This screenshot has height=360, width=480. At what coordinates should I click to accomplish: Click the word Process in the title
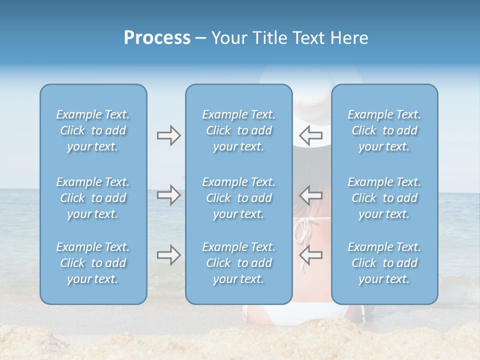(157, 38)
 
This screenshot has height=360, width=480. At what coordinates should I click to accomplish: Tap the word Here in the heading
(349, 38)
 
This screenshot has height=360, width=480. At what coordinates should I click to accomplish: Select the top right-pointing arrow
(168, 135)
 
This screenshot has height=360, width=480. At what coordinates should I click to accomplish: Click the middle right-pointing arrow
(168, 195)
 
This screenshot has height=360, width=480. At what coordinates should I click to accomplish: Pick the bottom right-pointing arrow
(168, 255)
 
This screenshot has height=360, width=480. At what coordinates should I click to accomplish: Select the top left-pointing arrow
(310, 135)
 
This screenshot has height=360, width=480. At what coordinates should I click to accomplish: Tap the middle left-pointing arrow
(310, 195)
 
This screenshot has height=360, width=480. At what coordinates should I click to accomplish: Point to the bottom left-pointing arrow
(310, 255)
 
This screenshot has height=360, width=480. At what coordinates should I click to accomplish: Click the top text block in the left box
(93, 130)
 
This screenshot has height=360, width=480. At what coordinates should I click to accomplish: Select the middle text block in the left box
(93, 198)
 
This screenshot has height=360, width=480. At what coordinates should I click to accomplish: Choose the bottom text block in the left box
(93, 263)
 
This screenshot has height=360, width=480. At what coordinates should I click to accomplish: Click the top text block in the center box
(238, 130)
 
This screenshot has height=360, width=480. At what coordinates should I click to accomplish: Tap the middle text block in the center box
(238, 198)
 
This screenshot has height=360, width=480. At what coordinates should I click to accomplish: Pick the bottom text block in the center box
(238, 263)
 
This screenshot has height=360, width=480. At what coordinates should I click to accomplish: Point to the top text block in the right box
(384, 130)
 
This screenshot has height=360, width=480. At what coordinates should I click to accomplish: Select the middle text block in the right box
(384, 198)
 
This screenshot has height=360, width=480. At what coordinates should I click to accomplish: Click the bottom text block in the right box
(384, 263)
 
